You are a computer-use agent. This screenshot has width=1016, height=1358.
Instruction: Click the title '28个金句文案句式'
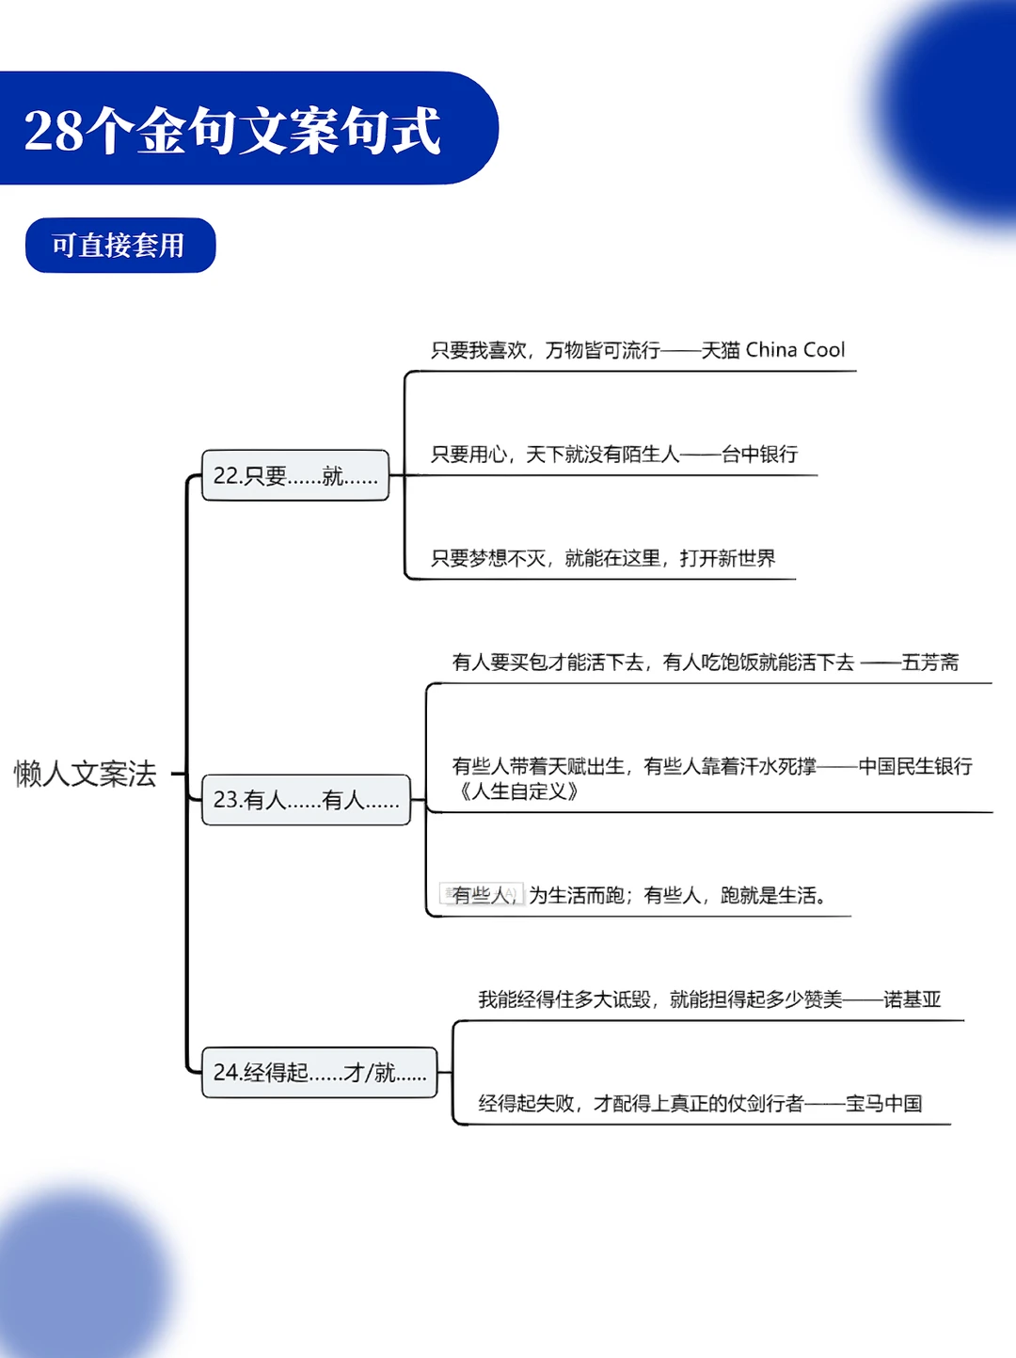click(x=232, y=130)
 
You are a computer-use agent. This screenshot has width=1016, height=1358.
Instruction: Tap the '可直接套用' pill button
click(x=119, y=246)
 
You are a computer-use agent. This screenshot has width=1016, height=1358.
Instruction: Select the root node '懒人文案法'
click(x=85, y=774)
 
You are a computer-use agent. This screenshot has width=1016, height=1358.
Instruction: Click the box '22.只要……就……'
click(x=295, y=475)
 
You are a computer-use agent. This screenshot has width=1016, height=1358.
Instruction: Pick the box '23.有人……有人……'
click(x=306, y=800)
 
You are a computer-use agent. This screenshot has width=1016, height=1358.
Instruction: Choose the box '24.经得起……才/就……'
click(x=319, y=1072)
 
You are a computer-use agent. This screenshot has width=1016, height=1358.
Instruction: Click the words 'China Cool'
click(x=795, y=350)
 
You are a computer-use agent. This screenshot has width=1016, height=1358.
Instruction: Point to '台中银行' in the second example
click(x=759, y=455)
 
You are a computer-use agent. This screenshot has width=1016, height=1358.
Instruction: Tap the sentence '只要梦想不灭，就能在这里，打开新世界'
click(x=602, y=558)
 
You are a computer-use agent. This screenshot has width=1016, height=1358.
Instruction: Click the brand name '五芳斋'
click(x=929, y=663)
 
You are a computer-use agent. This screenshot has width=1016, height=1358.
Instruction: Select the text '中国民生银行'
click(x=914, y=766)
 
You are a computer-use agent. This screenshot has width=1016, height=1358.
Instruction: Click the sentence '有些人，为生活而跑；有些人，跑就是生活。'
click(x=639, y=895)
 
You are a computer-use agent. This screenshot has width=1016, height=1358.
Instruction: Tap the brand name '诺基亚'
click(x=912, y=999)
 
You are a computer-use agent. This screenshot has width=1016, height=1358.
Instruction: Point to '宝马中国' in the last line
click(x=883, y=1103)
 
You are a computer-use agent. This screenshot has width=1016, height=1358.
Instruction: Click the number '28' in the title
click(x=54, y=131)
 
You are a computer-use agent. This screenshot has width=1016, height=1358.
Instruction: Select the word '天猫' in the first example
click(x=720, y=350)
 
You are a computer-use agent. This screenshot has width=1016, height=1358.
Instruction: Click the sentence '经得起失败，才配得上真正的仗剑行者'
click(x=641, y=1103)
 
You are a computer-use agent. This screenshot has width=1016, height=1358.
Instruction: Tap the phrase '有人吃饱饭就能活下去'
click(x=758, y=663)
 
